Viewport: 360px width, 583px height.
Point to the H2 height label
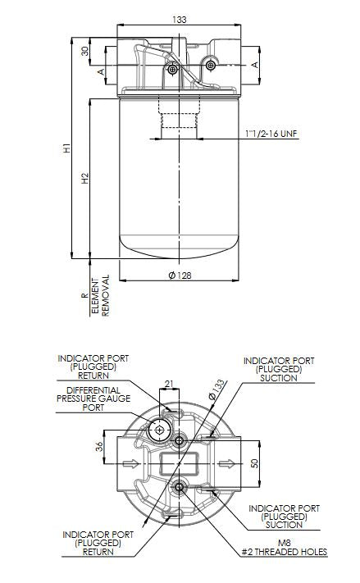(85, 178)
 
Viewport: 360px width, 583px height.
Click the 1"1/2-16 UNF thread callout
(271, 132)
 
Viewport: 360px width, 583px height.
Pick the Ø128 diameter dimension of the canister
(180, 276)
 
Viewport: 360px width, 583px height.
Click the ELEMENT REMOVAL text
(100, 297)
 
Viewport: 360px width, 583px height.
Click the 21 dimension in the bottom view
(171, 384)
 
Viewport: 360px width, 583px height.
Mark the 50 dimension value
(255, 463)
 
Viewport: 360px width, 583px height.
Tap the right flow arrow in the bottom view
(224, 464)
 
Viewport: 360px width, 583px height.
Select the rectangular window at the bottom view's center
(180, 465)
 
